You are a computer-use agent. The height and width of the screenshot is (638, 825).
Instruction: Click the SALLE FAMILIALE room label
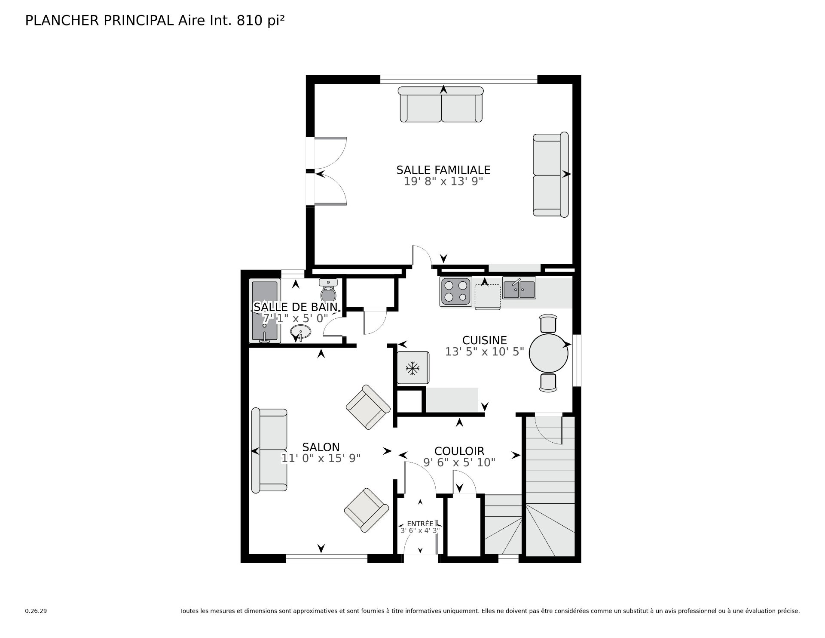tap(443, 170)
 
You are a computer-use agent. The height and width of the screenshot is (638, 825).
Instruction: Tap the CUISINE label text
tap(484, 340)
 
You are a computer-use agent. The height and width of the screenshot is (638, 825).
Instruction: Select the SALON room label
tap(321, 447)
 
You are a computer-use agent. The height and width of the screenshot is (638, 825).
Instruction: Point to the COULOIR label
tap(459, 451)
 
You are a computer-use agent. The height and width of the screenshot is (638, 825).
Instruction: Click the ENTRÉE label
tap(420, 524)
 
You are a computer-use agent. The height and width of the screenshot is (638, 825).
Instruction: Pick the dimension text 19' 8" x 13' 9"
tap(443, 182)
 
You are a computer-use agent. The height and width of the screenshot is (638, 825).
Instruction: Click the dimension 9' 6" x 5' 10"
tap(459, 462)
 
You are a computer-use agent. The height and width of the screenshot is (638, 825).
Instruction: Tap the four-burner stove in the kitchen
tap(456, 291)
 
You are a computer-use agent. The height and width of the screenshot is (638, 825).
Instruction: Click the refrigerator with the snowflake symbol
tap(413, 368)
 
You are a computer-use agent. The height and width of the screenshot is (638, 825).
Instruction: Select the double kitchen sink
tap(519, 288)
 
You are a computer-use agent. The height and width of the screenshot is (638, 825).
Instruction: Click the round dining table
tap(549, 353)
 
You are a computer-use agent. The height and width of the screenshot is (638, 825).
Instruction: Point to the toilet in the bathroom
tap(328, 291)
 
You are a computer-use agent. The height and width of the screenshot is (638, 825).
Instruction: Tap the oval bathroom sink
tap(301, 332)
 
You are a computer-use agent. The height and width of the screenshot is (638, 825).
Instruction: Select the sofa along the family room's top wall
tap(441, 104)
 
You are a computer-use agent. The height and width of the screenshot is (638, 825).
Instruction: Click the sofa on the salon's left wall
tap(269, 450)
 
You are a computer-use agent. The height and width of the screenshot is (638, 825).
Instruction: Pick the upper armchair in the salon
tap(368, 407)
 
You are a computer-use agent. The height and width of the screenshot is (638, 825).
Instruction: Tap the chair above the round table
tap(548, 324)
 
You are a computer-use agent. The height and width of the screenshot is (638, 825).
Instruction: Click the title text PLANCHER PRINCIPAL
tap(100, 21)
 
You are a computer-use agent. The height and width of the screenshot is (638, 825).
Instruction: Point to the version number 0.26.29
tap(36, 611)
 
